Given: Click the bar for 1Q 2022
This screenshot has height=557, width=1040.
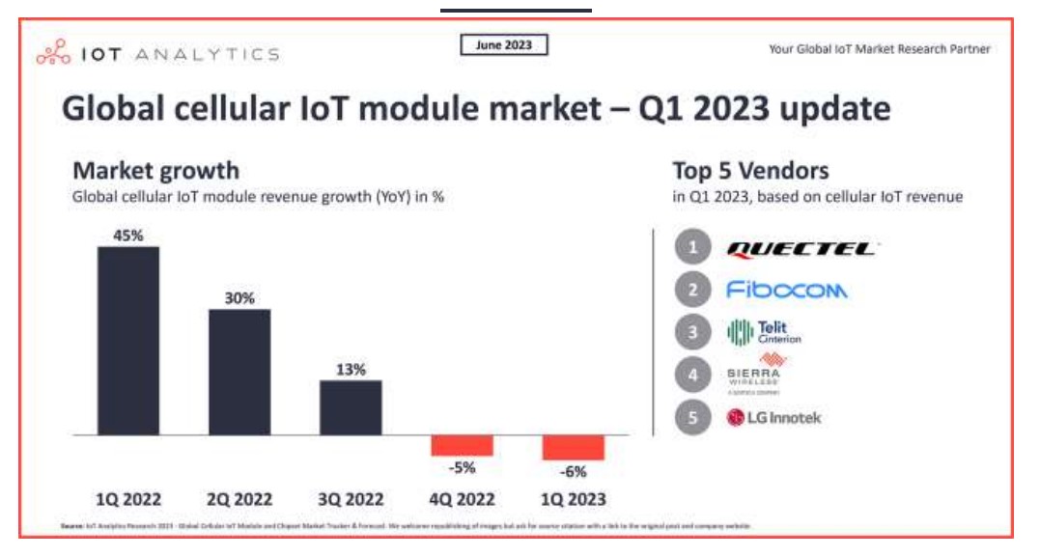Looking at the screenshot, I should click(128, 341).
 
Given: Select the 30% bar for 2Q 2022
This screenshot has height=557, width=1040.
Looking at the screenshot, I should click(239, 372).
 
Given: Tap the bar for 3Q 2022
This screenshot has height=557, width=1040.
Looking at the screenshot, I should click(351, 407).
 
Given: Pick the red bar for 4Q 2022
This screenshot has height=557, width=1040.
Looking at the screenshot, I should click(462, 446).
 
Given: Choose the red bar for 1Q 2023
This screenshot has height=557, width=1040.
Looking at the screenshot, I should click(573, 448).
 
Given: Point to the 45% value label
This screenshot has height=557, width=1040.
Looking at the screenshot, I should click(128, 236).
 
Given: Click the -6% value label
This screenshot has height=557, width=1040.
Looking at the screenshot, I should click(573, 471).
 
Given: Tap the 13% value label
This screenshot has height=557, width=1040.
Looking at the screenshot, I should click(351, 369).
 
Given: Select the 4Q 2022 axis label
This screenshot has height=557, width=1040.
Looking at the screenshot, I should click(462, 499).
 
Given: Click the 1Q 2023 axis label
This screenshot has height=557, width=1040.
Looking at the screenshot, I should click(573, 499).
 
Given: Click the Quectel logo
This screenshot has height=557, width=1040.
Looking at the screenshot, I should click(801, 249).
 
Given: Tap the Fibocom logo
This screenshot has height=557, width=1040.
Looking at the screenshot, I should click(786, 290).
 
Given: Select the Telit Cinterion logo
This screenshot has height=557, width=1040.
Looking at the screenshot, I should click(764, 333).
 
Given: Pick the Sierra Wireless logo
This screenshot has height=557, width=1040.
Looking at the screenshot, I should click(754, 374).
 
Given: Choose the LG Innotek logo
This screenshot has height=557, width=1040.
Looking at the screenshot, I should click(773, 418).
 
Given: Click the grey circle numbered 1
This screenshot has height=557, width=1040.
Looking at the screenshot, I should click(692, 248).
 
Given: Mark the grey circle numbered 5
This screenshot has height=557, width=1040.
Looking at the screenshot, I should click(692, 418).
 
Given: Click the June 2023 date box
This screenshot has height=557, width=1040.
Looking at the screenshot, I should click(503, 44).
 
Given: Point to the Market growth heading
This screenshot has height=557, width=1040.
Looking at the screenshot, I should click(155, 172).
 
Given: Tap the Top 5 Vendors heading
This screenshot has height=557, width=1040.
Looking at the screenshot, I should click(750, 172).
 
